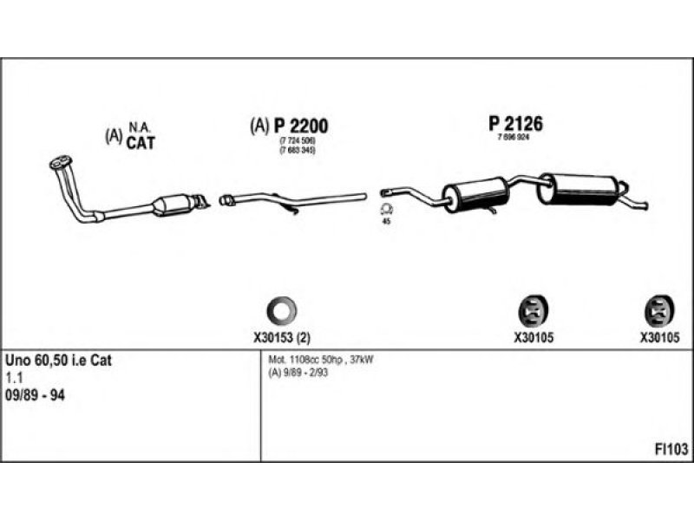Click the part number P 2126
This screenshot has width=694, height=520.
click(x=515, y=124)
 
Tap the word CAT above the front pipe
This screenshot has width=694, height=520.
click(x=140, y=143)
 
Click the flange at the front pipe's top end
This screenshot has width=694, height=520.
click(x=59, y=162)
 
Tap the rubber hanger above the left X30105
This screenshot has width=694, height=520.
click(x=531, y=309)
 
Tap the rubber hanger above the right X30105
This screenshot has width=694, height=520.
click(x=658, y=309)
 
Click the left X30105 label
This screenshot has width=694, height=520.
click(x=532, y=338)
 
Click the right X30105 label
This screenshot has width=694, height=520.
click(x=658, y=338)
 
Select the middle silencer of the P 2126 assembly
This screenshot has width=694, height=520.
click(x=474, y=193)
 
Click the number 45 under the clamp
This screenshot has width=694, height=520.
click(x=387, y=223)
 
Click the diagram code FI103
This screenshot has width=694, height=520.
click(x=671, y=449)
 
